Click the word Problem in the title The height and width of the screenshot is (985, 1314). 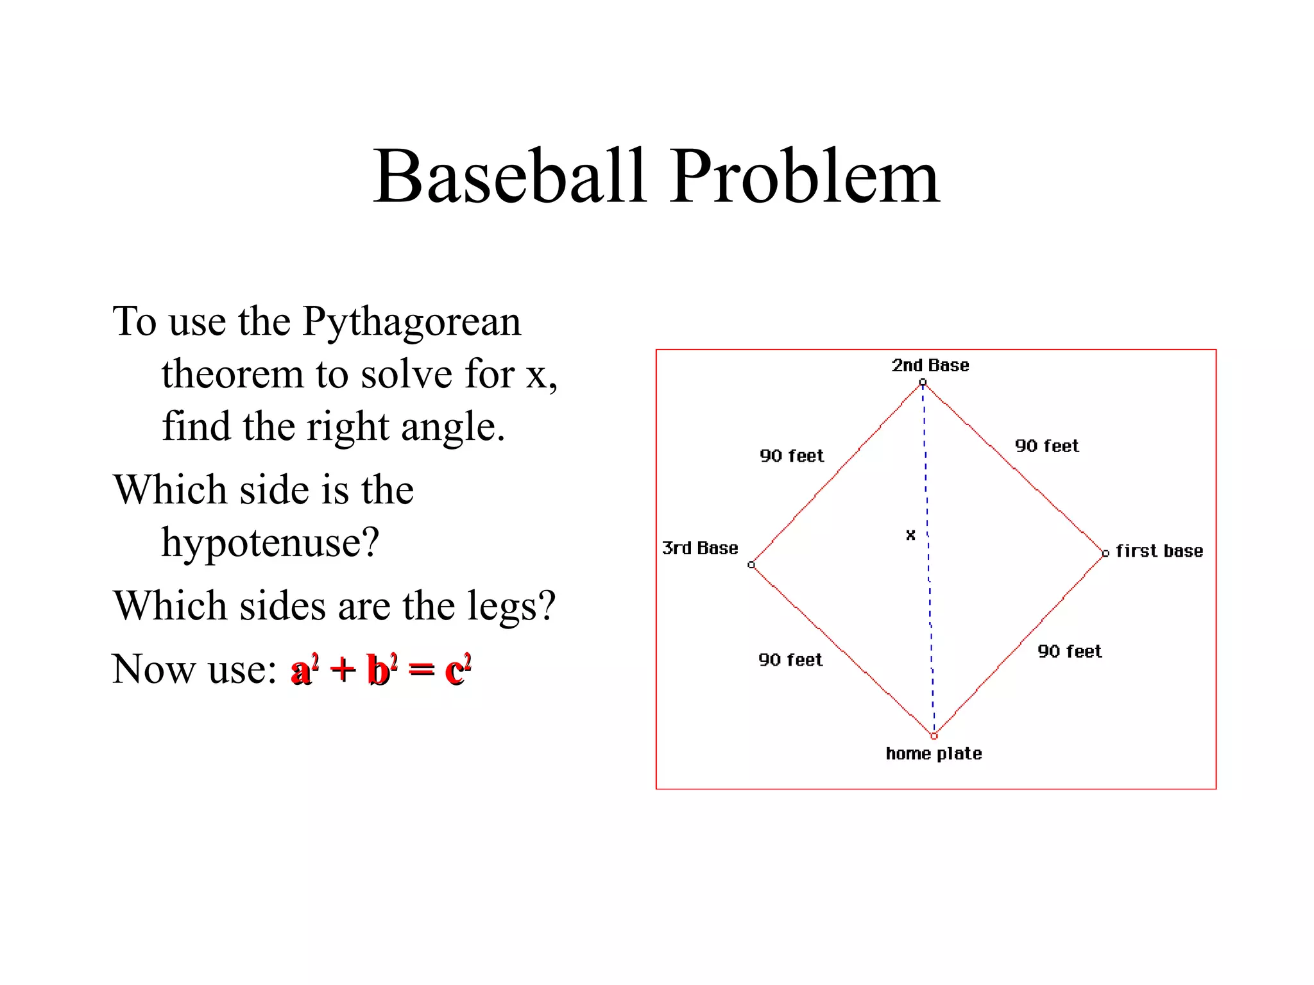click(805, 176)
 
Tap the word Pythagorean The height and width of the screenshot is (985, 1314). click(411, 322)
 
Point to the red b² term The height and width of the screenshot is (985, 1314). click(382, 669)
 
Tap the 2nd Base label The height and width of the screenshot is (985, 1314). click(930, 366)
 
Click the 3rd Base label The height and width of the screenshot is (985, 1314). click(700, 548)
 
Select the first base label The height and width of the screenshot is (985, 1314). click(1159, 551)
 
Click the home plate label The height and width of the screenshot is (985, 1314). click(934, 753)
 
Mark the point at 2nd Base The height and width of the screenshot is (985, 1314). click(923, 383)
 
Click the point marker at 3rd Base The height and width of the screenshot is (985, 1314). click(751, 565)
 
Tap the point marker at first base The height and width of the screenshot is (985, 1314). click(1105, 553)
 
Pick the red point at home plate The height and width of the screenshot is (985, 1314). click(934, 736)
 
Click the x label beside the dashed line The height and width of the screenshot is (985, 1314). click(910, 535)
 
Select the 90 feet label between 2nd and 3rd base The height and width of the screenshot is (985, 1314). click(792, 456)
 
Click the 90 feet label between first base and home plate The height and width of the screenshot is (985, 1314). click(1070, 652)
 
